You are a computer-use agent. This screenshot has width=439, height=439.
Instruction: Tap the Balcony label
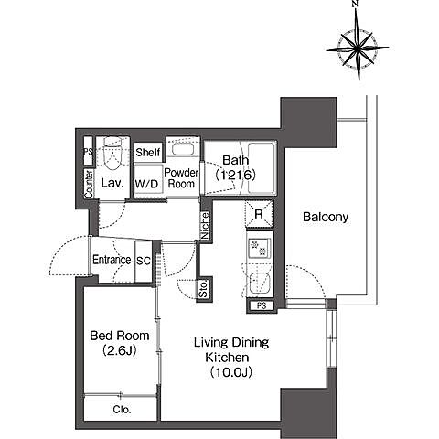point(326,217)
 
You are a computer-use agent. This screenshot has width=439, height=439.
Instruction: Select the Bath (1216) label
point(235,167)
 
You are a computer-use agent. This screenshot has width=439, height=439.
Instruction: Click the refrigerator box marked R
point(259,214)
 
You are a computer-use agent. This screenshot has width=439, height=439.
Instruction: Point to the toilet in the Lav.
point(112,153)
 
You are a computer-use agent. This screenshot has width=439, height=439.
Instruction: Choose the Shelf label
point(148,152)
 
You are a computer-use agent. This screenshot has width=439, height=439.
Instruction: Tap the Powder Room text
point(181,178)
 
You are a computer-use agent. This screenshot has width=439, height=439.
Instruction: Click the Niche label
point(205,226)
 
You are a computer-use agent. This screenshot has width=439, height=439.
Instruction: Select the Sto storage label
point(203,289)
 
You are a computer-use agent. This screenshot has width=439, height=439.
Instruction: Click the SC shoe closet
point(144,261)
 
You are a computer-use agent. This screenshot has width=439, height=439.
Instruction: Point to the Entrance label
point(112,260)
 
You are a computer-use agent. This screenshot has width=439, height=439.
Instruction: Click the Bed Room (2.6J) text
point(120,343)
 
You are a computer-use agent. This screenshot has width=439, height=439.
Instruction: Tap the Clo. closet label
point(122,410)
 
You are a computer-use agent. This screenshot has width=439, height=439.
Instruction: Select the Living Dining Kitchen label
point(231,358)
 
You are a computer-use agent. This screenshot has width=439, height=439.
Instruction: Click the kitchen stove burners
point(259,248)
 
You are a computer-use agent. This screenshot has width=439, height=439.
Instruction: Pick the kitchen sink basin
point(260,283)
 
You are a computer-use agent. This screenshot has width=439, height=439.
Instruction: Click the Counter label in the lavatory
point(89,184)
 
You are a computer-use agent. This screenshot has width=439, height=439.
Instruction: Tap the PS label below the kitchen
point(262,305)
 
